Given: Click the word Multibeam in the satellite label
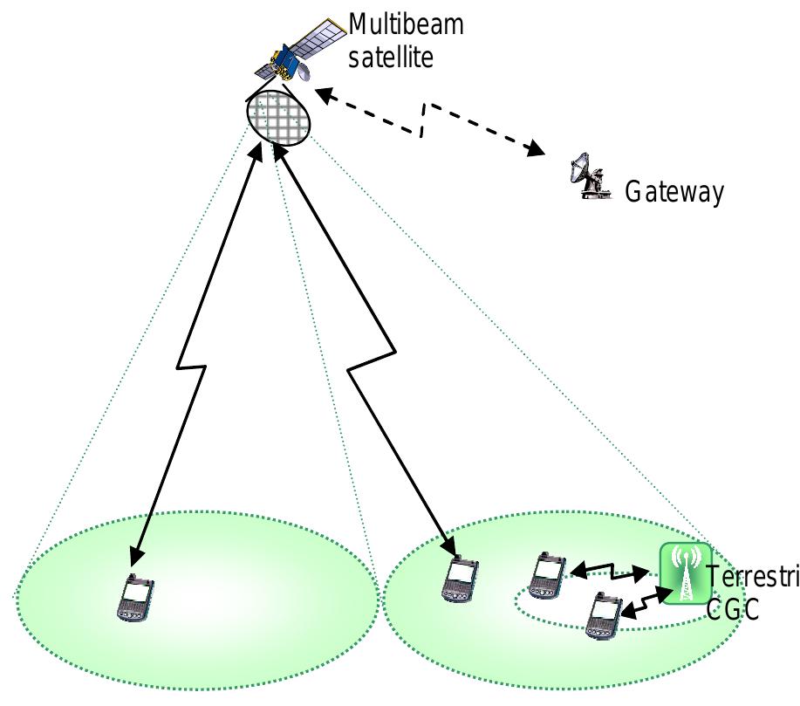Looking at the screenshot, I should (x=406, y=24).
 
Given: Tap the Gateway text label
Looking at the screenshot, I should (x=674, y=192).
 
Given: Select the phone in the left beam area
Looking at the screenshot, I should (x=135, y=599).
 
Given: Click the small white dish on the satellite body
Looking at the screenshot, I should (x=304, y=75).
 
